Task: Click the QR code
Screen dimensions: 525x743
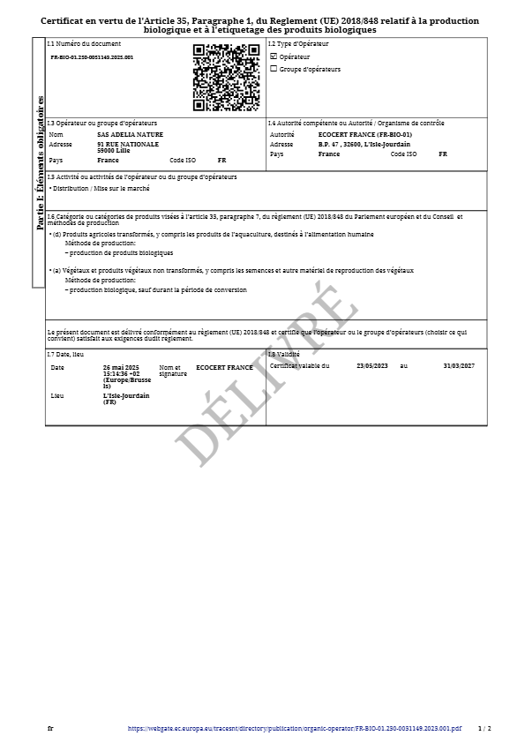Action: pos(226,77)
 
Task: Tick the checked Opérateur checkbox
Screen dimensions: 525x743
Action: pos(274,56)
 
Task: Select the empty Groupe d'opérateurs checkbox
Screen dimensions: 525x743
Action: pos(274,69)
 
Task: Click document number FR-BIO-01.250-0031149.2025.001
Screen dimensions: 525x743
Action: pos(92,56)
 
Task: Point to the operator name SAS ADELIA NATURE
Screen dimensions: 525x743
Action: pos(130,134)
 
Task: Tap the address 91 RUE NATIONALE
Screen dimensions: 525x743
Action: pos(128,144)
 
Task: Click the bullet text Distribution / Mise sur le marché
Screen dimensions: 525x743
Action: pos(101,188)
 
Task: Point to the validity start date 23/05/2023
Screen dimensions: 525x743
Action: pos(372,365)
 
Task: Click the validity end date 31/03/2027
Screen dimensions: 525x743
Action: pos(459,365)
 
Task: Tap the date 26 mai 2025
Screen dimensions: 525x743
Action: pos(122,366)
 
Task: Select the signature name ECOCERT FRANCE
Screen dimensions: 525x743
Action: pos(224,367)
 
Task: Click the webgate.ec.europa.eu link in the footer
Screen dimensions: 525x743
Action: pos(295,729)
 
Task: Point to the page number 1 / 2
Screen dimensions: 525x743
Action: pos(484,729)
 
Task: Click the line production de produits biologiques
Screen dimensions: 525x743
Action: pos(120,252)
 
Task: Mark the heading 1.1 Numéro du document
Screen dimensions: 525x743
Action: pos(84,43)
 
